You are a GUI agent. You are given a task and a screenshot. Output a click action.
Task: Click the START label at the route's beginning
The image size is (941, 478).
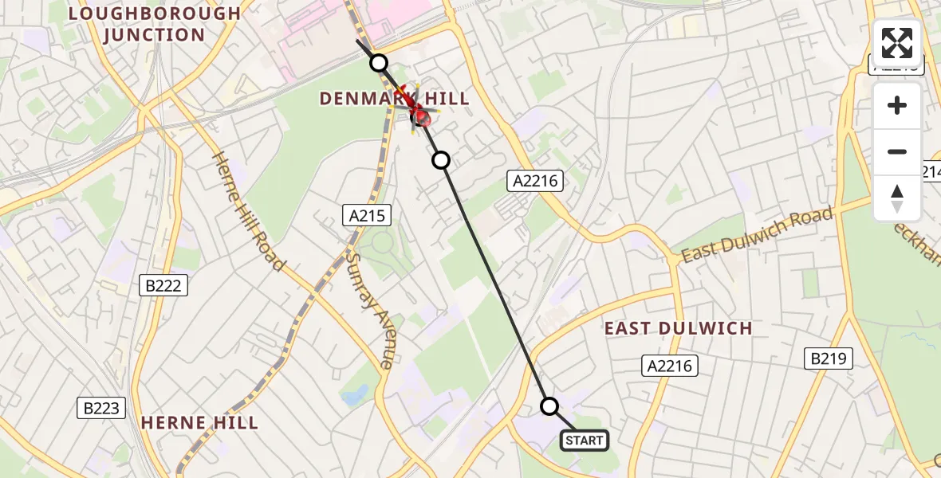coord(585,441)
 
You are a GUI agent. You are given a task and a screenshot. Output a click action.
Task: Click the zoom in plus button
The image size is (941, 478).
coord(897,106)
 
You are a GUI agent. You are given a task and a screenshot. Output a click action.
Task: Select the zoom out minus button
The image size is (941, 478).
coord(897,151)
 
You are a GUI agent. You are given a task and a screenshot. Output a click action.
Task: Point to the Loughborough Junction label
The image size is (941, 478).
coord(154,24)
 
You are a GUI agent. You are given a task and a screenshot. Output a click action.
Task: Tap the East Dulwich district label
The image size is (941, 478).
coord(678,328)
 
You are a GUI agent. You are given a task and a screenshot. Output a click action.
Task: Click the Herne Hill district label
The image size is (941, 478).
coord(199,422)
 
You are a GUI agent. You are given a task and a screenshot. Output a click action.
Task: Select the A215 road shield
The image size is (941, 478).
coord(367,214)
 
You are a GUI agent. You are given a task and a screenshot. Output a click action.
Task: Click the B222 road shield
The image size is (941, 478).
coord(163,286)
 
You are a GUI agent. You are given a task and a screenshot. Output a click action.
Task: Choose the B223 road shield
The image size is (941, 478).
coord(102,409)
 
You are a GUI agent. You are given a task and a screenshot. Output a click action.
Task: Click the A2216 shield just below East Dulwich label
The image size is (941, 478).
coord(670,366)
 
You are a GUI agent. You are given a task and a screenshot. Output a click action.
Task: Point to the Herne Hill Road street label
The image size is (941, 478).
coord(248,210)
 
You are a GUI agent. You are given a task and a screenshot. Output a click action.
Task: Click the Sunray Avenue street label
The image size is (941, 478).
coord(371,310)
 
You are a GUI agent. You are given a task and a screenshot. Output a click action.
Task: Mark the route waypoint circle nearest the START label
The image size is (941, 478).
coord(549,406)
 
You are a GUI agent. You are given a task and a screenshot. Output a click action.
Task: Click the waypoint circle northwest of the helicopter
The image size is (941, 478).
coord(379,63)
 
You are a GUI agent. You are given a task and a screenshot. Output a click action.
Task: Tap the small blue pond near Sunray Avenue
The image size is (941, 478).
coord(356,394)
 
